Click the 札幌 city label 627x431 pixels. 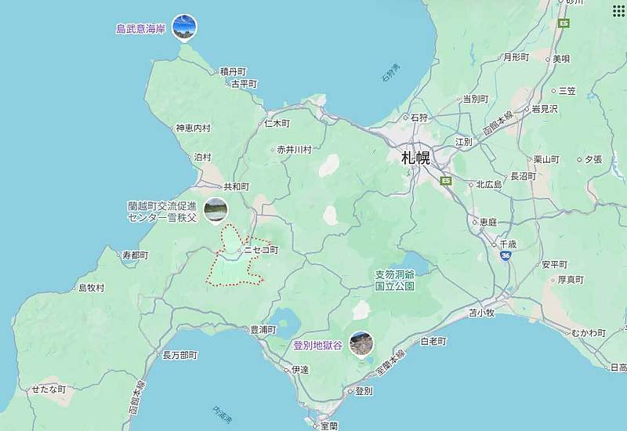pyautogui.click(x=415, y=158)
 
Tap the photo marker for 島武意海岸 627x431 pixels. pyautogui.click(x=184, y=27)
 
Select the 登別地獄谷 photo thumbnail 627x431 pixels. pyautogui.click(x=361, y=343)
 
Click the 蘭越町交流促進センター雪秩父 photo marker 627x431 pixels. pyautogui.click(x=216, y=210)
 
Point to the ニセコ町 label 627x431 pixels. pyautogui.click(x=261, y=250)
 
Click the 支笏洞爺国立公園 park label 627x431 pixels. pyautogui.click(x=393, y=281)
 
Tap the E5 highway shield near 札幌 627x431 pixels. pyautogui.click(x=446, y=181)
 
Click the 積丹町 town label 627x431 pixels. pyautogui.click(x=233, y=71)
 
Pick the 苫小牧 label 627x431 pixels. pyautogui.click(x=482, y=313)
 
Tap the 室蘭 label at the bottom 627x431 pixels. pyautogui.click(x=329, y=425)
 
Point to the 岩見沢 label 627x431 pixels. pyautogui.click(x=544, y=109)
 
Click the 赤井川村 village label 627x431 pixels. pyautogui.click(x=294, y=149)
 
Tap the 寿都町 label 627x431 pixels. pyautogui.click(x=135, y=255)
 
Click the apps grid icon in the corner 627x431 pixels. pyautogui.click(x=618, y=10)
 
